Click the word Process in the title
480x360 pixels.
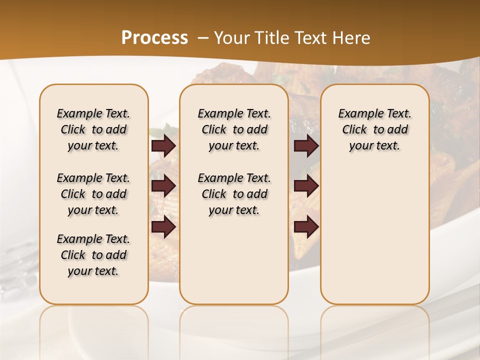(154, 38)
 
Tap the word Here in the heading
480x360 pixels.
(352, 38)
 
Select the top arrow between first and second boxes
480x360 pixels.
(163, 146)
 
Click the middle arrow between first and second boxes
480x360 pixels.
(163, 186)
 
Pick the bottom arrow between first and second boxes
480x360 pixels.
(163, 227)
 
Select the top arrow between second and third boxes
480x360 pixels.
(306, 146)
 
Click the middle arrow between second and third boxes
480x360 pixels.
(306, 186)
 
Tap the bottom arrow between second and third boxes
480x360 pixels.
(306, 227)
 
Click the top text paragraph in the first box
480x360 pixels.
(93, 129)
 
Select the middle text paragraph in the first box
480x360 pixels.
(93, 194)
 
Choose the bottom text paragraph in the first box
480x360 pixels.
(93, 255)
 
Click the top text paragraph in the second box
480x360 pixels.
(234, 129)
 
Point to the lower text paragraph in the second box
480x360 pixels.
(234, 194)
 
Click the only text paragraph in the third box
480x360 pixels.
(374, 129)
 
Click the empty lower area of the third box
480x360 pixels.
(374, 235)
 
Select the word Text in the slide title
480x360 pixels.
(311, 38)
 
